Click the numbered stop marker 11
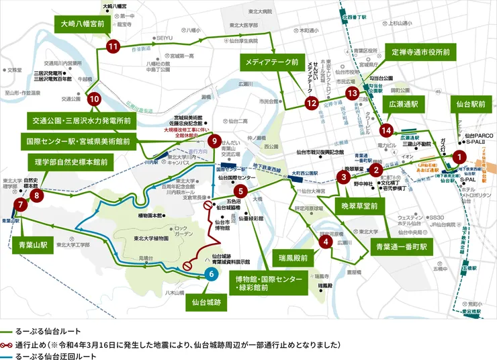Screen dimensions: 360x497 (x=112, y=46)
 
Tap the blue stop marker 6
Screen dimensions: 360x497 (x=211, y=273)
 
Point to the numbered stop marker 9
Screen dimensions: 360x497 (x=214, y=141)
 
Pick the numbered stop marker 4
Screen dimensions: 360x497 (x=325, y=242)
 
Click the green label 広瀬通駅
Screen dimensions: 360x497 (x=402, y=104)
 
